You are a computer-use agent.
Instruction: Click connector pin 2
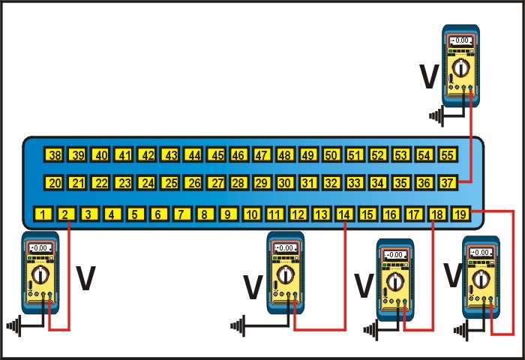pos(66,215)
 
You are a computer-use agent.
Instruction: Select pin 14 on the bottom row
pos(344,215)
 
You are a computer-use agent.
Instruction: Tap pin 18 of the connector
pos(436,215)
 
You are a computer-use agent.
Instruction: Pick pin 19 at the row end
pos(460,215)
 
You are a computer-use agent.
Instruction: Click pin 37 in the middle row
pos(447,183)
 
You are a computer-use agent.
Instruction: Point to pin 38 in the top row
pos(54,155)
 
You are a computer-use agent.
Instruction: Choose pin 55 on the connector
pos(447,155)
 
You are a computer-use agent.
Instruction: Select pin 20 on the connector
pos(54,183)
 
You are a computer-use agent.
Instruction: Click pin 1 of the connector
pos(43,215)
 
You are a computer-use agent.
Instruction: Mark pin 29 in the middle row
pos(262,183)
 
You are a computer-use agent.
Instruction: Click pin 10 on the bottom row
pos(252,215)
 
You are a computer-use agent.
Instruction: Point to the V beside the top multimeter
pos(429,77)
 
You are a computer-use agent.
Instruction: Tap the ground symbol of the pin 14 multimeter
pos(239,325)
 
